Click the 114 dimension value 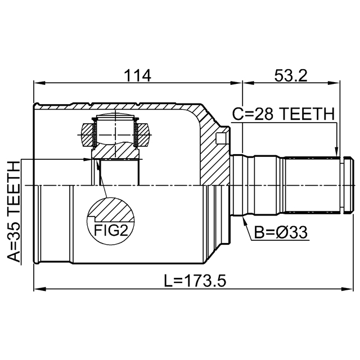137,75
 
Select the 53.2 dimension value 291,75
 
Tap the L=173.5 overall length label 195,281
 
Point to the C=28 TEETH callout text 283,114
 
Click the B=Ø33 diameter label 280,232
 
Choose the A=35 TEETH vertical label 13,211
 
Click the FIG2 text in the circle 111,231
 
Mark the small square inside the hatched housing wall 220,138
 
